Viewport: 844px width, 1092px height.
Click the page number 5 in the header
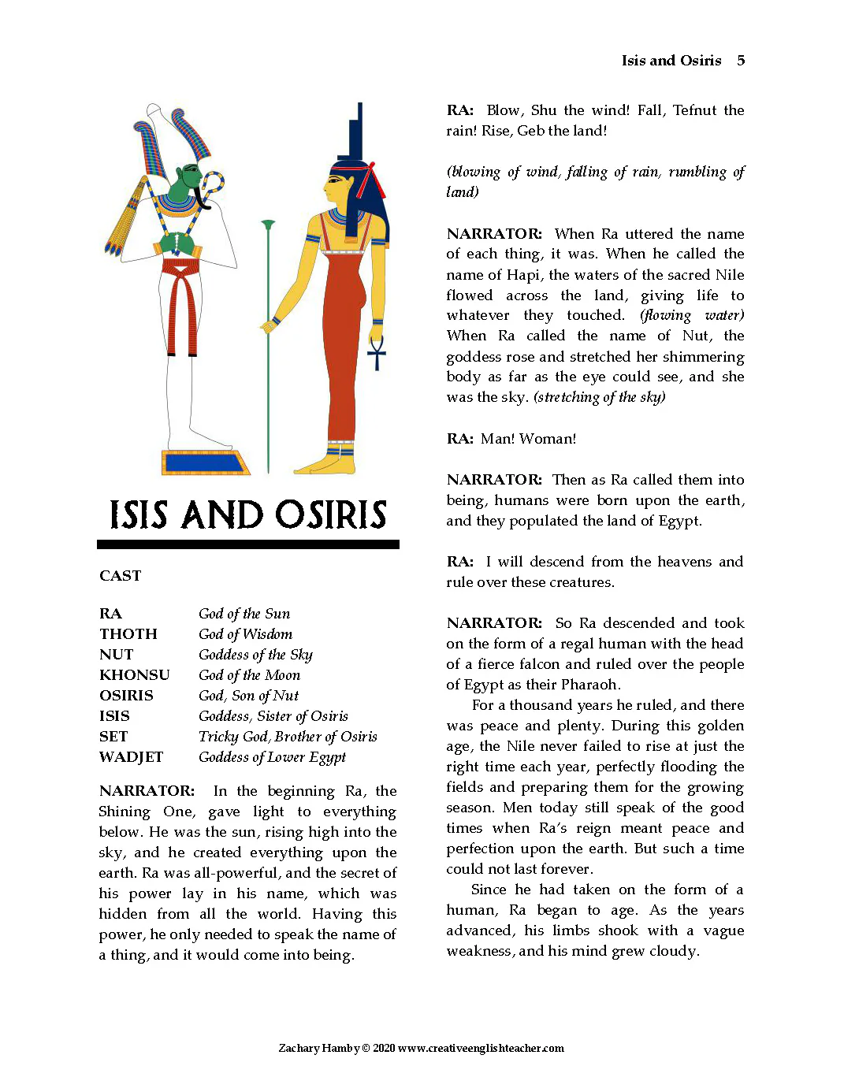point(741,61)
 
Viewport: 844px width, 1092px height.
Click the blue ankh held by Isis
point(377,353)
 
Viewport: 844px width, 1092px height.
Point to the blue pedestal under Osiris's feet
point(206,462)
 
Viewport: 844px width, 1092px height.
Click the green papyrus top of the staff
point(269,226)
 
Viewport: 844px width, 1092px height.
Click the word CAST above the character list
point(121,576)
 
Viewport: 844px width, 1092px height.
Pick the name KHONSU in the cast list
point(134,675)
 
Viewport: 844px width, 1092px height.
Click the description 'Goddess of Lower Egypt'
point(272,757)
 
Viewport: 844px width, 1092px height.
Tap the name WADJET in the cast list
point(131,757)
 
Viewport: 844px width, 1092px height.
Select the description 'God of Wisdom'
point(245,634)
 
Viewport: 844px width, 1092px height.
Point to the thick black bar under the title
point(248,544)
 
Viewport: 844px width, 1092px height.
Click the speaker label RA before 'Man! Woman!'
point(459,439)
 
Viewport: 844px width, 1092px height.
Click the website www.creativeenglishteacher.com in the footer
point(481,1049)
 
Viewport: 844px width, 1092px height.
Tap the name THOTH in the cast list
point(128,634)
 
